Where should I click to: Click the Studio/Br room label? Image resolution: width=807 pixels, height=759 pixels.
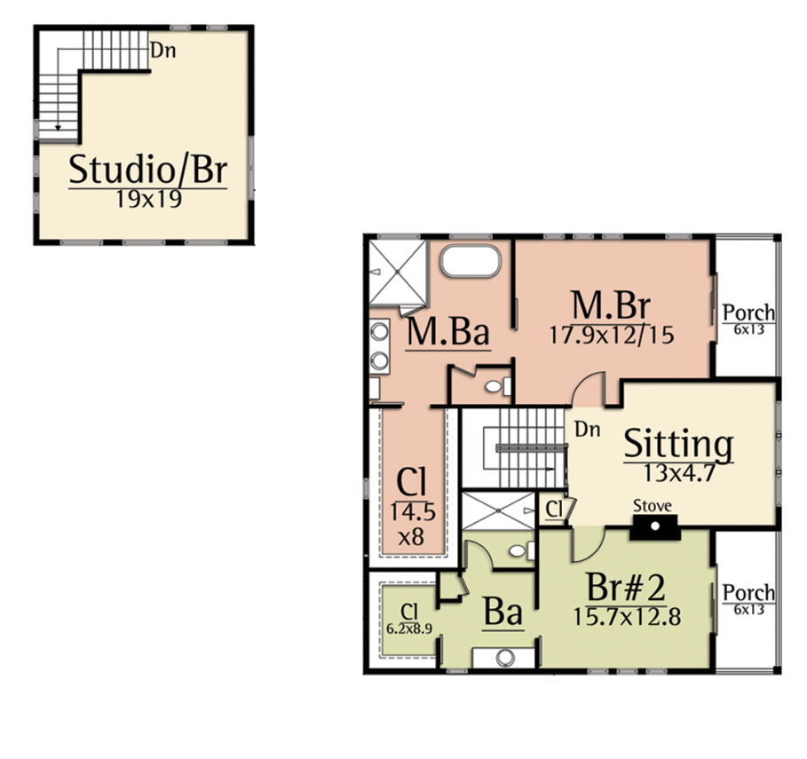[147, 170]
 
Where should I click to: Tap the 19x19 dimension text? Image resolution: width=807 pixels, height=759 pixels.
[148, 199]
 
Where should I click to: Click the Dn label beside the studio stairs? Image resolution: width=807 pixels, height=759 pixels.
[162, 51]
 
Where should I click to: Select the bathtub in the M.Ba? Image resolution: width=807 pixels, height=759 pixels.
[470, 261]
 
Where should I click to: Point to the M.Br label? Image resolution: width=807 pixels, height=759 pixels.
[611, 305]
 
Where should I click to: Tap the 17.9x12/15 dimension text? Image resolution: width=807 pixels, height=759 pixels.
[612, 335]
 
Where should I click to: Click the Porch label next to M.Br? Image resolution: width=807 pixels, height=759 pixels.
[748, 312]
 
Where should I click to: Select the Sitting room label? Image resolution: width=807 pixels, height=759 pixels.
[678, 445]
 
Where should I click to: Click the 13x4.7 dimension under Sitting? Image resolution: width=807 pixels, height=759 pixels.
[679, 473]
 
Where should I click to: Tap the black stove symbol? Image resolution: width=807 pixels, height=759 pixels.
[654, 527]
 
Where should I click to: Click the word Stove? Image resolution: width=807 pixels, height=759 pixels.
[653, 506]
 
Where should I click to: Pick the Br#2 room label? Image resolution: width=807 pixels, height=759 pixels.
[626, 588]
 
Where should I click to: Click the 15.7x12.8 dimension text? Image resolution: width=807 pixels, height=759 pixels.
[628, 616]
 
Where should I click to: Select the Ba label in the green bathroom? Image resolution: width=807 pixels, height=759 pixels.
[502, 613]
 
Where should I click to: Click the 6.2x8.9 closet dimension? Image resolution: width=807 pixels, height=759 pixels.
[408, 629]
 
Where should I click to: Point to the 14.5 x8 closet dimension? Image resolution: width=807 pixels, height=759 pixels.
[412, 525]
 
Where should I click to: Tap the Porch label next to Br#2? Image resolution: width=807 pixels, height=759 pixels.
[748, 593]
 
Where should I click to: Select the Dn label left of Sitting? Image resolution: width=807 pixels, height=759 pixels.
[587, 429]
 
